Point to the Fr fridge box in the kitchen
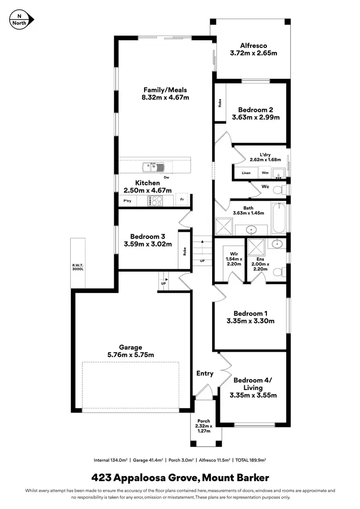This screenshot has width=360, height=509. click(x=182, y=200)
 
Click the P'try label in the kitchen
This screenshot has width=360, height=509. click(x=128, y=200)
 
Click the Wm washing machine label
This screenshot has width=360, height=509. click(x=265, y=173)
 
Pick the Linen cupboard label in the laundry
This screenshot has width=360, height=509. click(x=246, y=173)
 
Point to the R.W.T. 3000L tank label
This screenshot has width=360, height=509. click(x=78, y=266)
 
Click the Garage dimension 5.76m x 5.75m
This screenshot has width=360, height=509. click(x=131, y=355)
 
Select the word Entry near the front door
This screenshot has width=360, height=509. click(x=205, y=373)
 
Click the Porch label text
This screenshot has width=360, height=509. click(x=204, y=421)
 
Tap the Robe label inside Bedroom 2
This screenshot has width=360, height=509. click(x=220, y=102)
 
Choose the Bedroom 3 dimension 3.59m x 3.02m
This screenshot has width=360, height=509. click(x=148, y=244)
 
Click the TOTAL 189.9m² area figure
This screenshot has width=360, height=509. click(x=250, y=460)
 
